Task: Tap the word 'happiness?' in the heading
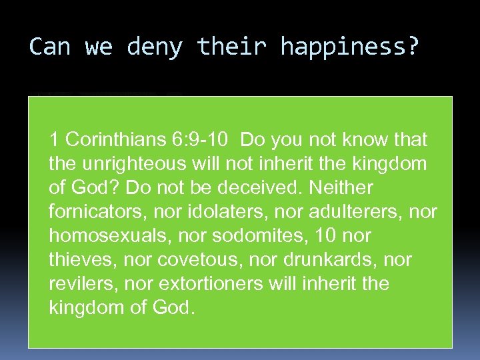tap(351, 47)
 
